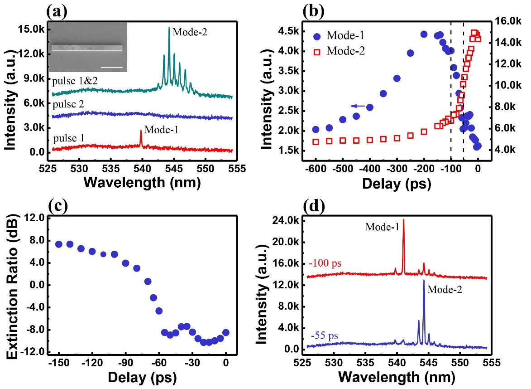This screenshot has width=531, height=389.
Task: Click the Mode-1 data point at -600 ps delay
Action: tap(316, 129)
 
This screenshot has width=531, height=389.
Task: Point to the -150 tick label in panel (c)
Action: tap(57, 362)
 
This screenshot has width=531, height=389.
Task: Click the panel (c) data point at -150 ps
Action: tap(59, 244)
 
